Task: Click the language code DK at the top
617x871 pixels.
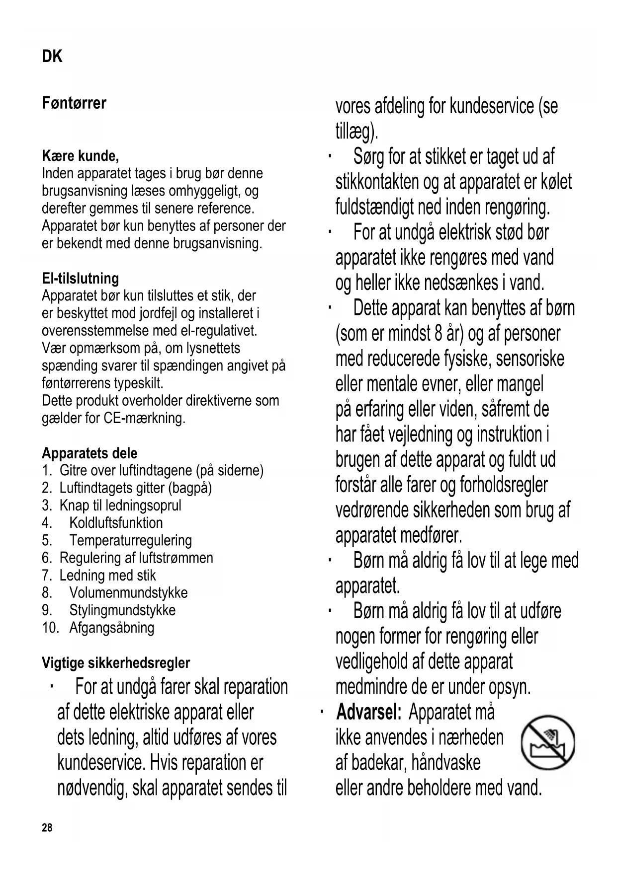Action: click(x=52, y=57)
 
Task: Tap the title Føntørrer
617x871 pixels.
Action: click(x=74, y=103)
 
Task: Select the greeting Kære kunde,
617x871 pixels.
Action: click(x=81, y=156)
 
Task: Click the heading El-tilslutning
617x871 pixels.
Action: click(x=81, y=278)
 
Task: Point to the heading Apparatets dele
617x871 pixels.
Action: click(x=89, y=453)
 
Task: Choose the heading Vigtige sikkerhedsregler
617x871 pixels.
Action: click(x=116, y=662)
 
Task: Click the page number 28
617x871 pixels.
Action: click(x=47, y=828)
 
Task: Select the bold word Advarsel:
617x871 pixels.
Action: click(x=368, y=712)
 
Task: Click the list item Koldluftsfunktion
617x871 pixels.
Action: click(x=116, y=523)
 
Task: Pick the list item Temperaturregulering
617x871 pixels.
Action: click(x=130, y=540)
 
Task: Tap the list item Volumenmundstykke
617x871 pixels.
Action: click(x=128, y=592)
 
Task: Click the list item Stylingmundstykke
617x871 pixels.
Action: click(x=122, y=610)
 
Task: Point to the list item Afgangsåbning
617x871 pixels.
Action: click(x=112, y=627)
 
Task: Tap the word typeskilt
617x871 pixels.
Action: click(x=139, y=383)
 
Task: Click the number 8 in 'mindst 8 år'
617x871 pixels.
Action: click(x=439, y=333)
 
